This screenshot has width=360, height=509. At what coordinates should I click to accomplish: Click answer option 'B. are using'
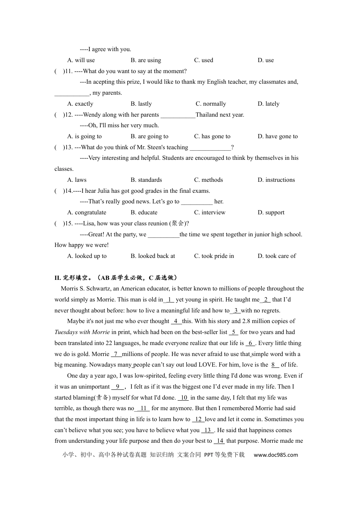click(x=146, y=60)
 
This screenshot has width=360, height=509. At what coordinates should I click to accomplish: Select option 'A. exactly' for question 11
click(x=80, y=104)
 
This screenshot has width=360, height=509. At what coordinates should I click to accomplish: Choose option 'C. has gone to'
click(x=212, y=136)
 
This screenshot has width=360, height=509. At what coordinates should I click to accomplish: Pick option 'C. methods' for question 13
click(x=208, y=180)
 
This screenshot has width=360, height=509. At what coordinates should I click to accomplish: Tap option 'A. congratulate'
click(x=86, y=212)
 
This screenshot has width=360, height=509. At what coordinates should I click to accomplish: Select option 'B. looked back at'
click(x=153, y=256)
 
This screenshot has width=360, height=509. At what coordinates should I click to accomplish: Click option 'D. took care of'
click(x=277, y=256)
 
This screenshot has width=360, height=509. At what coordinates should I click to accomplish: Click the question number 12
click(x=68, y=115)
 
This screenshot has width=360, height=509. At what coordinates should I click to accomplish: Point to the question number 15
click(x=68, y=223)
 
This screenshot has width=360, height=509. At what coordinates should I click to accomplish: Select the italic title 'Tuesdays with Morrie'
click(x=82, y=332)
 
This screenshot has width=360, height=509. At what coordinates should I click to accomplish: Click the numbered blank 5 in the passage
click(x=233, y=332)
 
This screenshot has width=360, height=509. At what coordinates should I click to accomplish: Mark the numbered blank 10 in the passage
click(x=183, y=398)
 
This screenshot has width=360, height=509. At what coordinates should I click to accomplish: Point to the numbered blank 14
click(x=219, y=441)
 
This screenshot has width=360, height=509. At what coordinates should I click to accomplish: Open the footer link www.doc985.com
click(x=275, y=455)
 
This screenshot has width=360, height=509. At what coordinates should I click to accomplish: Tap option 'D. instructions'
click(x=276, y=180)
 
